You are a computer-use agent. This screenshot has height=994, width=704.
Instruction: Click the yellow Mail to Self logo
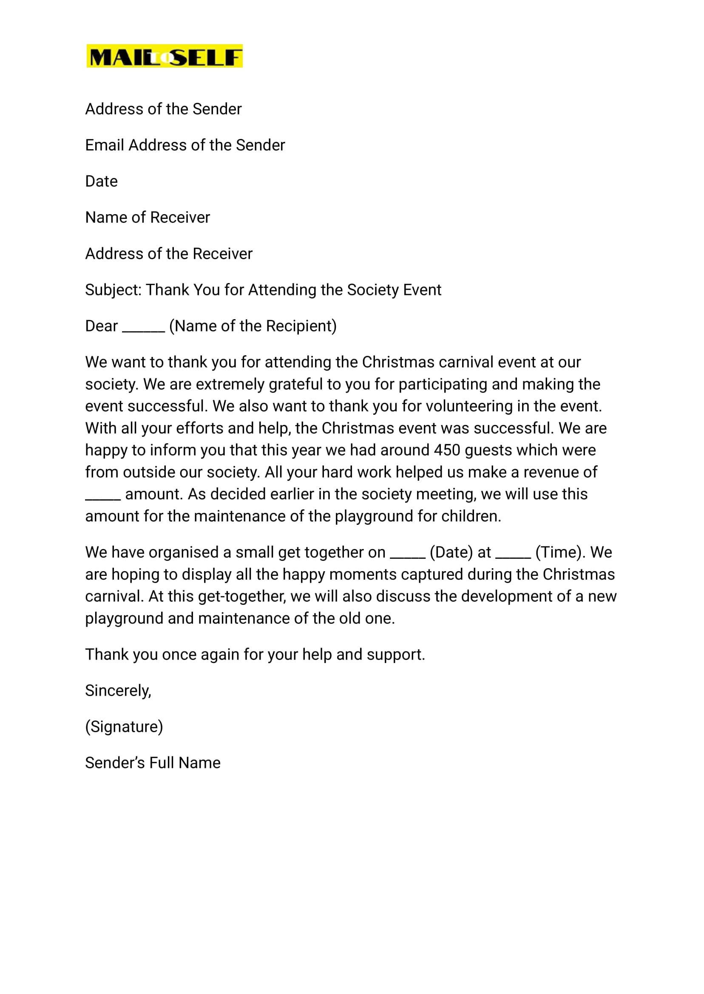[164, 56]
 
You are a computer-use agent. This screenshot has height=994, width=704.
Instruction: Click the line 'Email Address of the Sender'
[185, 145]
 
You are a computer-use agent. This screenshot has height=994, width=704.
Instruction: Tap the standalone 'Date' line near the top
[101, 181]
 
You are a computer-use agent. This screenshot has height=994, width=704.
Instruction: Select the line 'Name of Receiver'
[148, 218]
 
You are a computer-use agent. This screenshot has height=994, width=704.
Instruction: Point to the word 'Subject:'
[113, 290]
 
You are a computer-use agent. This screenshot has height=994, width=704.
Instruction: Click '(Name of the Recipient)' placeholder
[253, 326]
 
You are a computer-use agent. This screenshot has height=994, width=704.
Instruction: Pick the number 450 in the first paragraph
[446, 450]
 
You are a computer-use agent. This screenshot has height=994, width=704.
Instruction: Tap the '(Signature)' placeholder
[124, 727]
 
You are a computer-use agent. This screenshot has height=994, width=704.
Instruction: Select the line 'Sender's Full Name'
[153, 763]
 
